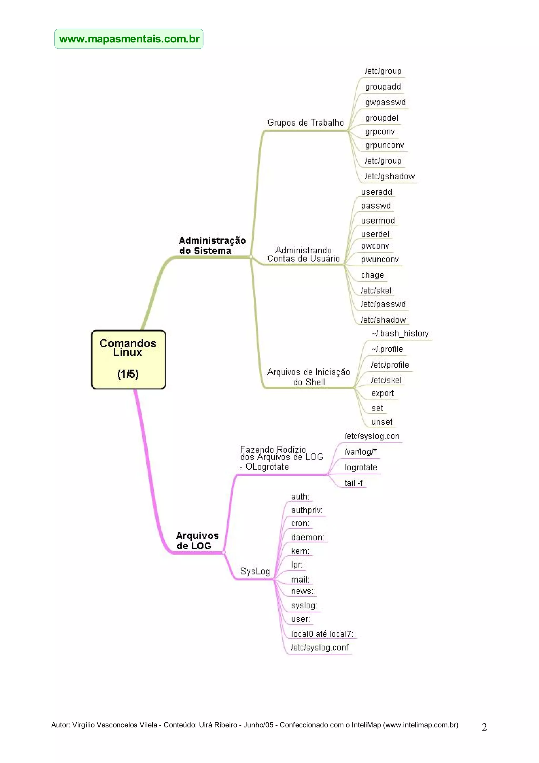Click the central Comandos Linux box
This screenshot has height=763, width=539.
128,359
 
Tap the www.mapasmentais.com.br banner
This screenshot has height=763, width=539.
129,39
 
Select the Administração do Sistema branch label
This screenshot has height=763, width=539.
212,245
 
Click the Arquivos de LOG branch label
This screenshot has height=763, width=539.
197,541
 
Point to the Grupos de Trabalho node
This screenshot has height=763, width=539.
305,123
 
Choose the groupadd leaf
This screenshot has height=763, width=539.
383,87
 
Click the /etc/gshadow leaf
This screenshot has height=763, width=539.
390,176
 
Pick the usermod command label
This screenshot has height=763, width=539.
378,221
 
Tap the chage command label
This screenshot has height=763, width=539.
372,275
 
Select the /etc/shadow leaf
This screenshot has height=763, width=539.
383,320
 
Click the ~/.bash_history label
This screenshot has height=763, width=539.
400,333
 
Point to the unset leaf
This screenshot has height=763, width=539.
382,422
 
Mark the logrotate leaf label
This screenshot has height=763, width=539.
361,467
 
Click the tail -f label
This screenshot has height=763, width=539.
353,483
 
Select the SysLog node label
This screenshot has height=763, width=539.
255,571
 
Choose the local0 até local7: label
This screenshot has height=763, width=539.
322,634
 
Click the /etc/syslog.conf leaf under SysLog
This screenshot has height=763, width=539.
320,648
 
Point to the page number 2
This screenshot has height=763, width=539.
484,727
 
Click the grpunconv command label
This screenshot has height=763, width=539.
384,145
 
